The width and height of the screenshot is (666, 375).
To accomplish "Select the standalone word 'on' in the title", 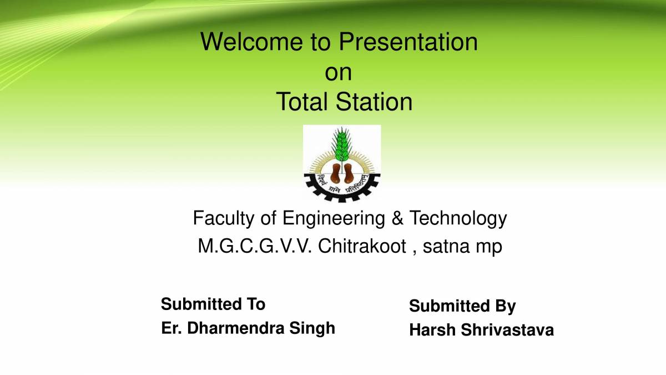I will pos(338,73).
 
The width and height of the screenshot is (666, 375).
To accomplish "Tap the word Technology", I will pos(458,219).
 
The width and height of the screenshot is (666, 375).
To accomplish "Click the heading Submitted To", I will pos(213,304).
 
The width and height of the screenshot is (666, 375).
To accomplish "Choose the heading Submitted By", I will pos(462,306).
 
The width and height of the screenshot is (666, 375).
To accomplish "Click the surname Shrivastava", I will pos(506,330).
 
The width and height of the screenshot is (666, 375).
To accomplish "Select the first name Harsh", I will pos(430,330).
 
